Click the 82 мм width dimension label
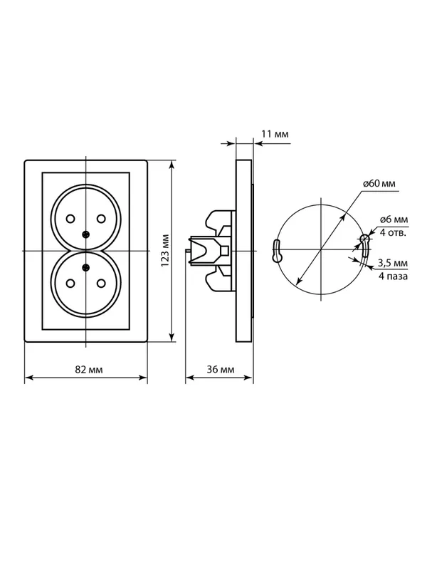tap(88, 370)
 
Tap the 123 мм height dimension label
tap(165, 251)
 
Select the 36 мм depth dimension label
tap(221, 370)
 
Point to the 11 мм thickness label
tap(275, 134)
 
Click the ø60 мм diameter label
tap(379, 184)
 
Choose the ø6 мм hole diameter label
tap(394, 220)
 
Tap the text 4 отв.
tap(393, 232)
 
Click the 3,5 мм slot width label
tap(393, 263)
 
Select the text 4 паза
tap(393, 276)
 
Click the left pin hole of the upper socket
tap(70, 219)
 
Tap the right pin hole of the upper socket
tap(101, 219)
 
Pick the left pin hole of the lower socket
tap(70, 283)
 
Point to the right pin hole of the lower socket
tap(101, 283)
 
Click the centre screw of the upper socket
tap(85, 234)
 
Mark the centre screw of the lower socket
tap(85, 268)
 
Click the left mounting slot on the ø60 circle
tap(277, 251)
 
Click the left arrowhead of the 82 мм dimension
tap(28, 378)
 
